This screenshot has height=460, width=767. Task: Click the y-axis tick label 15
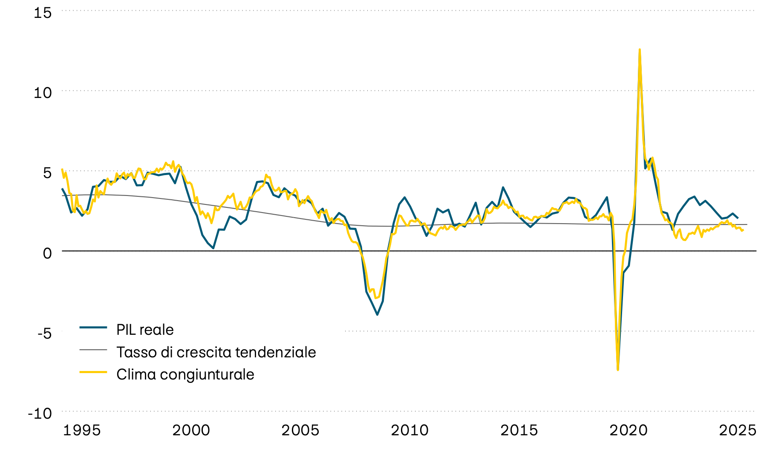click(x=43, y=13)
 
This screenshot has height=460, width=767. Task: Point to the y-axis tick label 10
click(x=43, y=92)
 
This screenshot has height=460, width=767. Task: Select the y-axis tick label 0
click(x=47, y=253)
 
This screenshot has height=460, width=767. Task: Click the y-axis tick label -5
click(x=44, y=333)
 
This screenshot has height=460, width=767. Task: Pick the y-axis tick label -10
click(x=40, y=413)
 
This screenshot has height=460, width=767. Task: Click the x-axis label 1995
click(x=82, y=430)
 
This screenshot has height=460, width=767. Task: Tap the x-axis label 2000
click(x=191, y=430)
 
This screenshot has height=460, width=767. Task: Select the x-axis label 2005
click(x=300, y=430)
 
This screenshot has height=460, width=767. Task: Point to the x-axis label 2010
click(x=409, y=430)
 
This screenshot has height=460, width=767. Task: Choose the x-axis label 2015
click(x=519, y=430)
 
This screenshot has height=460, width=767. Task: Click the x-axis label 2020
click(x=629, y=430)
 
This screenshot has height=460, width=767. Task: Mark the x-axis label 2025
click(x=738, y=430)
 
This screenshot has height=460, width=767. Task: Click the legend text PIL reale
click(x=145, y=330)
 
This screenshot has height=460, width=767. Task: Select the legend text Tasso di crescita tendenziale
click(x=216, y=352)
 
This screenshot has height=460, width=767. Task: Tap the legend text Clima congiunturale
click(x=185, y=374)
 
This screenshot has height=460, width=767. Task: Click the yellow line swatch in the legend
click(x=93, y=372)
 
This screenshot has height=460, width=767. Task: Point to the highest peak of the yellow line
click(x=640, y=50)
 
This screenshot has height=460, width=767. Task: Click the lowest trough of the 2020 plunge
click(x=618, y=369)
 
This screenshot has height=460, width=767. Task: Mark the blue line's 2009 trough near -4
click(x=377, y=314)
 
